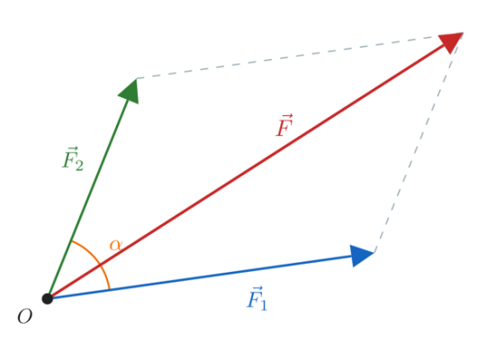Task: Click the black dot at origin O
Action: coord(48,299)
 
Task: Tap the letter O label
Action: coord(25,317)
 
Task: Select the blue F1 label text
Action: coord(257,298)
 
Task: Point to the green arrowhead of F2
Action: coord(130,91)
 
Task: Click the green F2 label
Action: coord(73,158)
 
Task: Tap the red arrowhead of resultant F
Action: coord(451,42)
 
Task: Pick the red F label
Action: coord(284,125)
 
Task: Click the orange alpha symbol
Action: coord(116,245)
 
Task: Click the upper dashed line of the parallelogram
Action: coord(300,56)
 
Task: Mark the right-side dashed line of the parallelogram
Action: coord(419,143)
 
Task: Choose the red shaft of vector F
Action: coord(246,173)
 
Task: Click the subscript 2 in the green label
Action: coord(79,166)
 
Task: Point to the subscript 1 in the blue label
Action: coord(264,304)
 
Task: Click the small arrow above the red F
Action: coord(286,117)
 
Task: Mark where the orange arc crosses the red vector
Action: coord(100,265)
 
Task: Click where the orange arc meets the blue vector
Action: coord(110,290)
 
